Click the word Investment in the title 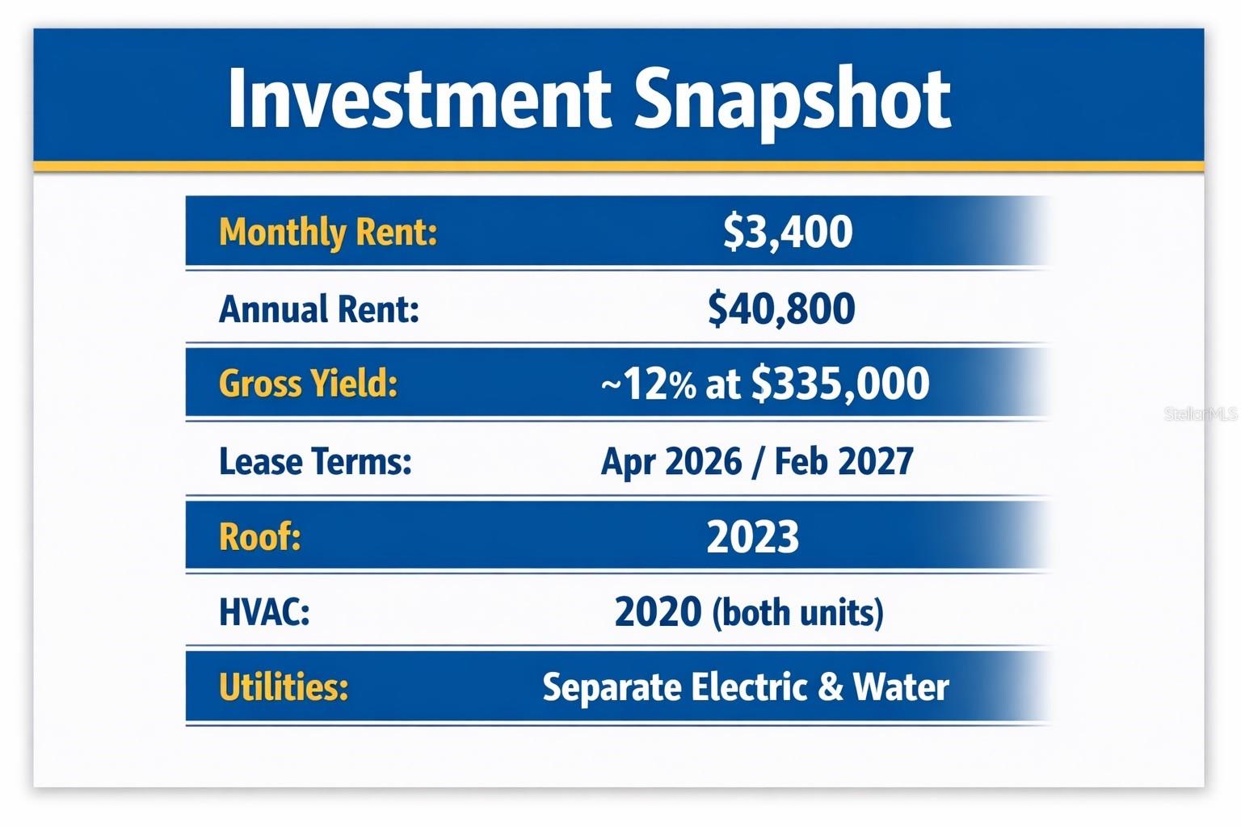[419, 99]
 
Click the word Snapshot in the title [793, 99]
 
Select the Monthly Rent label [328, 233]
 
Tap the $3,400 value [788, 231]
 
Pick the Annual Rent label [319, 309]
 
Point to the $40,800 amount [781, 309]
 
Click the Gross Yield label [309, 383]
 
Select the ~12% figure [648, 384]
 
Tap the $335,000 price [840, 384]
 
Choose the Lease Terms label [315, 461]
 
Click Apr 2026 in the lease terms [671, 461]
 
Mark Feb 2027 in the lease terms [843, 461]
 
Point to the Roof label [260, 536]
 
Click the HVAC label [264, 611]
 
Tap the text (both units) [797, 613]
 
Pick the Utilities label [284, 687]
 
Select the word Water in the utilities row [901, 687]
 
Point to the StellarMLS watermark [1200, 414]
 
